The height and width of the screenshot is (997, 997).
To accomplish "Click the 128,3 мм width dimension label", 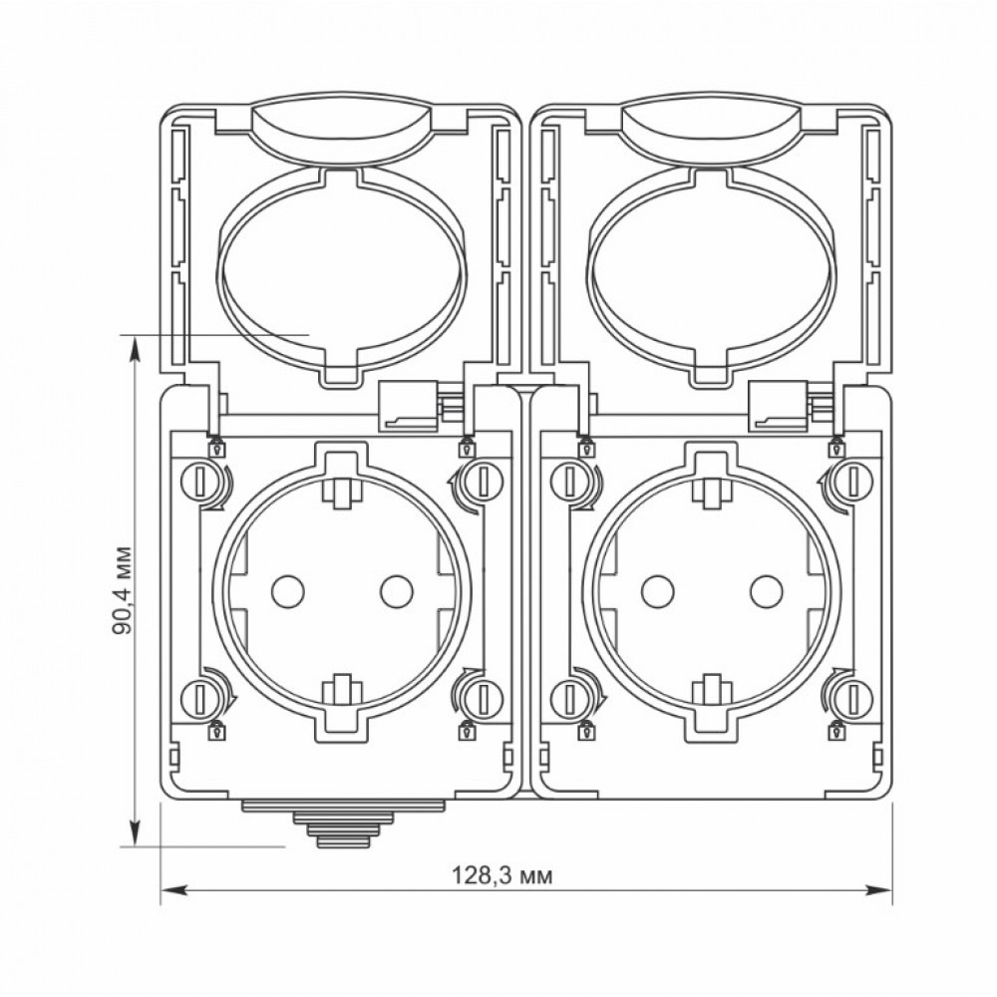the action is tap(501, 875).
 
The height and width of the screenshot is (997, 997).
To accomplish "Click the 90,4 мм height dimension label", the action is tap(122, 590).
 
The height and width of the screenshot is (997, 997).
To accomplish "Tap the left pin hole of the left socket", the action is tap(287, 591).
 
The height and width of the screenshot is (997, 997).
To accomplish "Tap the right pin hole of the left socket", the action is tap(397, 591).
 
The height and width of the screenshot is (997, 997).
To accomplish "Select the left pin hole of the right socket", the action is tap(657, 591).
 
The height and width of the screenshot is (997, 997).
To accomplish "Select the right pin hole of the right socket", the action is tap(766, 591).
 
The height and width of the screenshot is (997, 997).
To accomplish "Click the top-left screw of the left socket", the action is tap(198, 481).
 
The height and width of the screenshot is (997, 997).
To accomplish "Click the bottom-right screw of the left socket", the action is tap(483, 698).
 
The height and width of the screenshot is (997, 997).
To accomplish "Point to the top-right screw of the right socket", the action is tap(852, 481).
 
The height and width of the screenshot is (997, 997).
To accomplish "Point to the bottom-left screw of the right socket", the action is tap(568, 698).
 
